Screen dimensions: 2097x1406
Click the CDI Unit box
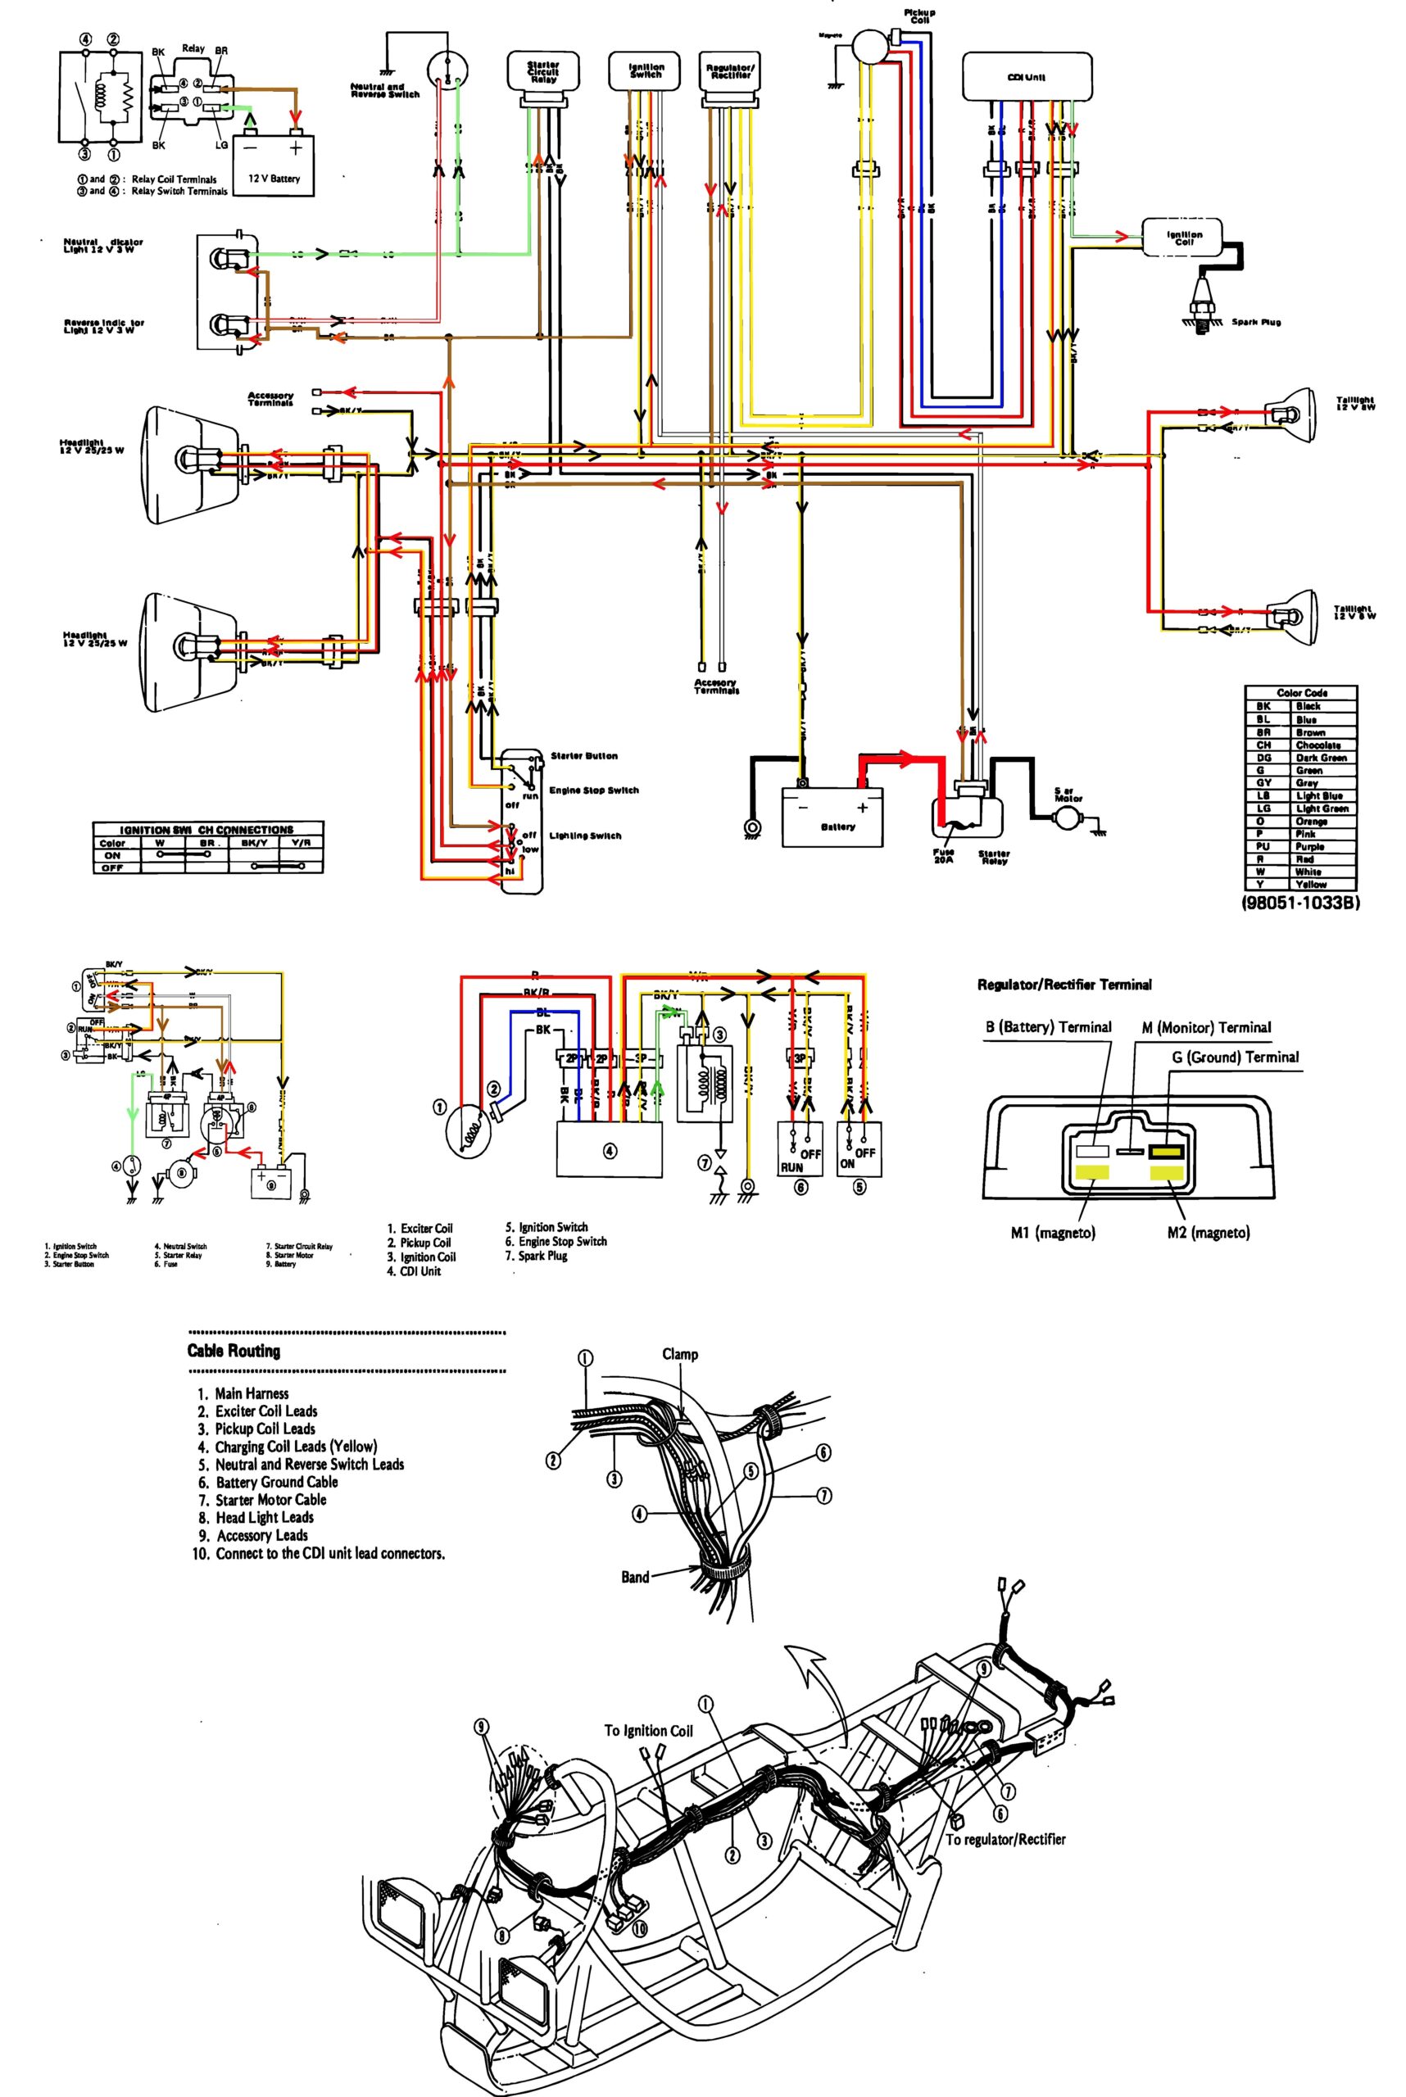click(1027, 76)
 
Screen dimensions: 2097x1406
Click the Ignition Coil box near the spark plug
click(1184, 238)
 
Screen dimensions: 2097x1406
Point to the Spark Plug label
click(1255, 322)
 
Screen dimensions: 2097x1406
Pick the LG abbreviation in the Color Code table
click(1263, 808)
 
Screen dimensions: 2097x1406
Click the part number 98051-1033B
click(1299, 903)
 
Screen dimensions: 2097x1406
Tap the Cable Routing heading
click(234, 1351)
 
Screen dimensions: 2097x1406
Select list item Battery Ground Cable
click(276, 1482)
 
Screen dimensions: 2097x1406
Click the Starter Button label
click(583, 756)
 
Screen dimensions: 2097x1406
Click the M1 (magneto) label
click(1053, 1233)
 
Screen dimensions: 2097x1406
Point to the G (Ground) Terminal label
click(1235, 1057)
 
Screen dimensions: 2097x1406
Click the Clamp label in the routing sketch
click(680, 1354)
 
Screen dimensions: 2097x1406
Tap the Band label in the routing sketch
click(635, 1577)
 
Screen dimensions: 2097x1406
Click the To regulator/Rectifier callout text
click(1005, 1839)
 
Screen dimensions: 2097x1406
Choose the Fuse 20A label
click(942, 855)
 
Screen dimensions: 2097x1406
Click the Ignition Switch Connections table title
click(207, 829)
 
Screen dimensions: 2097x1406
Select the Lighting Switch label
click(586, 836)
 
